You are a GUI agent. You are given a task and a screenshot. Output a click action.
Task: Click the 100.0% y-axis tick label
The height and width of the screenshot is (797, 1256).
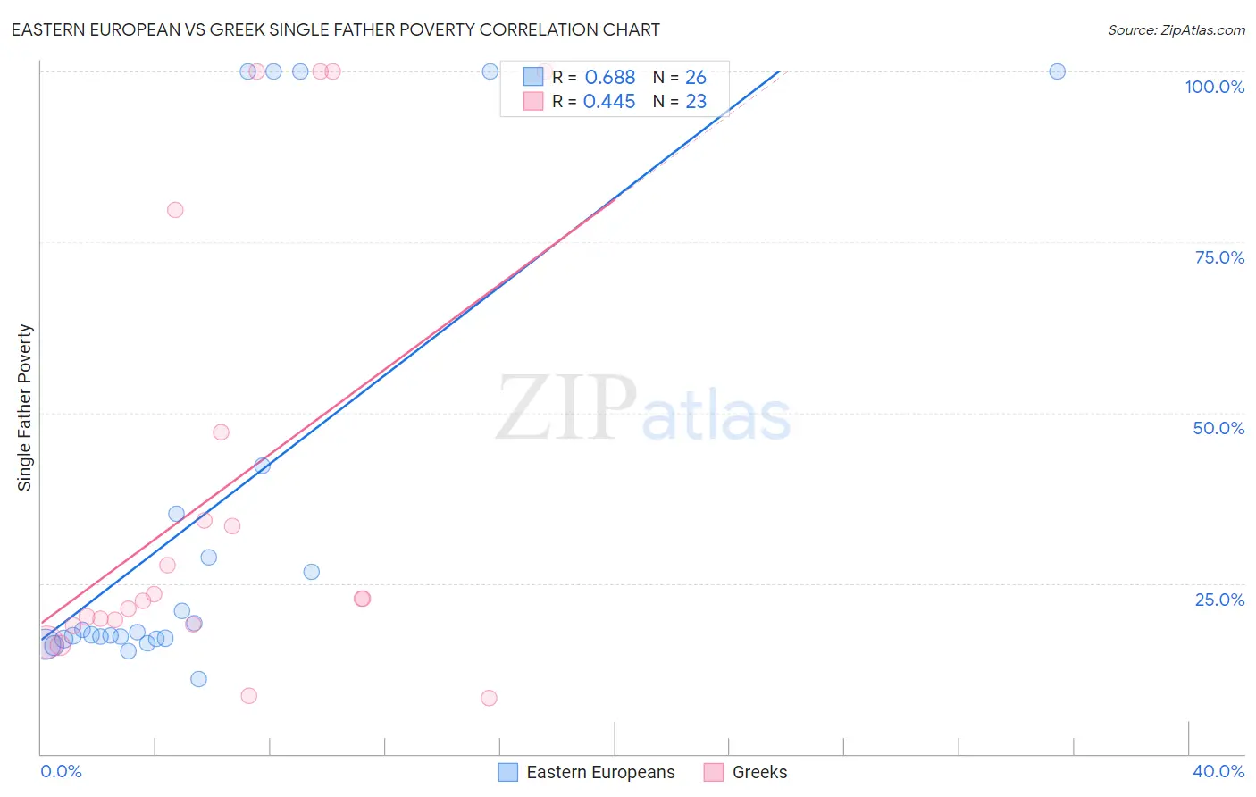click(1214, 87)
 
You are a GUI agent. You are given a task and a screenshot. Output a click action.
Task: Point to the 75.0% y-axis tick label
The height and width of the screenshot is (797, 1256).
click(1218, 257)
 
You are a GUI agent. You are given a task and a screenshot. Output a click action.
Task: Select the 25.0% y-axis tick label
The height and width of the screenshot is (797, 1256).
click(1218, 600)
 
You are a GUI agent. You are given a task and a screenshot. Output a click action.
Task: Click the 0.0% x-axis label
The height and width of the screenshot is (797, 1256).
click(61, 771)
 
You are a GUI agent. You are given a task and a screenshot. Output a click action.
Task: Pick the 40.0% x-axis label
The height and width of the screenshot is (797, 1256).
click(1218, 771)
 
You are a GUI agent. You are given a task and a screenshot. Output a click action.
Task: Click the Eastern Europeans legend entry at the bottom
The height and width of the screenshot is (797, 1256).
click(600, 772)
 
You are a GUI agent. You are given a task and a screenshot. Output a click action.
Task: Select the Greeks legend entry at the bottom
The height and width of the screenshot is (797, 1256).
click(759, 772)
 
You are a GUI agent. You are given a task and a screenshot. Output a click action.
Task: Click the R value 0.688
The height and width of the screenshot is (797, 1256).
click(610, 78)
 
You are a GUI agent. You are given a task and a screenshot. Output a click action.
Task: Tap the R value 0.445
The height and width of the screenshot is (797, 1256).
click(609, 102)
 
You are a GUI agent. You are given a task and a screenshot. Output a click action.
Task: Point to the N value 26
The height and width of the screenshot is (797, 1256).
click(696, 78)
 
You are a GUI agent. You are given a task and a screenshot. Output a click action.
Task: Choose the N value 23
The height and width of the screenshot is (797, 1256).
click(696, 102)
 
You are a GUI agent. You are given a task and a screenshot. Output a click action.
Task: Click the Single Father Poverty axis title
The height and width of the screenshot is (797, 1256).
click(25, 407)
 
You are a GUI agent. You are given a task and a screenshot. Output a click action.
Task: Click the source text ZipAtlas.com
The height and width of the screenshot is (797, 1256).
click(1176, 30)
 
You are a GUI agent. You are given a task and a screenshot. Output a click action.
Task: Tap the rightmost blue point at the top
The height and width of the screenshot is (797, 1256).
click(1057, 71)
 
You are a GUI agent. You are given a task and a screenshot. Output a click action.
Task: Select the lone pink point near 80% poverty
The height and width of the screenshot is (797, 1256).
click(175, 210)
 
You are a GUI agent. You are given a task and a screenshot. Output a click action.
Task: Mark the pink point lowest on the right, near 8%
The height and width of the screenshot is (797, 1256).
click(489, 698)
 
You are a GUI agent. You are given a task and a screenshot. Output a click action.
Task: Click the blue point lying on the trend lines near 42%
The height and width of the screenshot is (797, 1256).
click(262, 466)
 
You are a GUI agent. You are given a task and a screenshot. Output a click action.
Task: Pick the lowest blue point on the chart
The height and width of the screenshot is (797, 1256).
click(198, 679)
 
